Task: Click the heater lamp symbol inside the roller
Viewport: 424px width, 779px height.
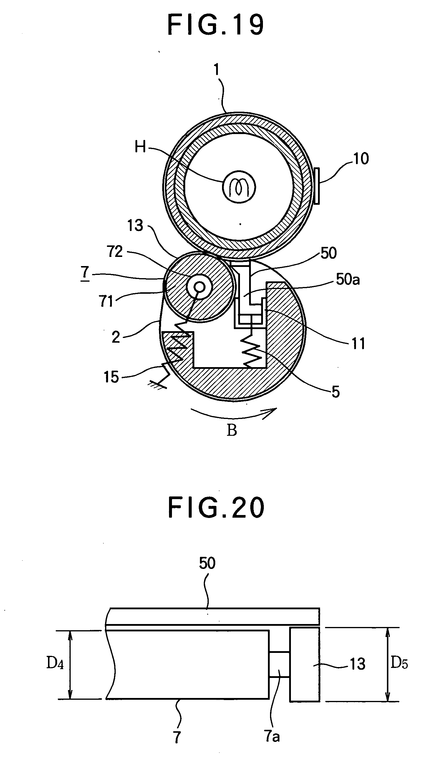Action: click(239, 187)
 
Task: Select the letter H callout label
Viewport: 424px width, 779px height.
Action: click(140, 147)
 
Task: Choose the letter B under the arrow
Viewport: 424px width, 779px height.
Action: click(232, 430)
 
